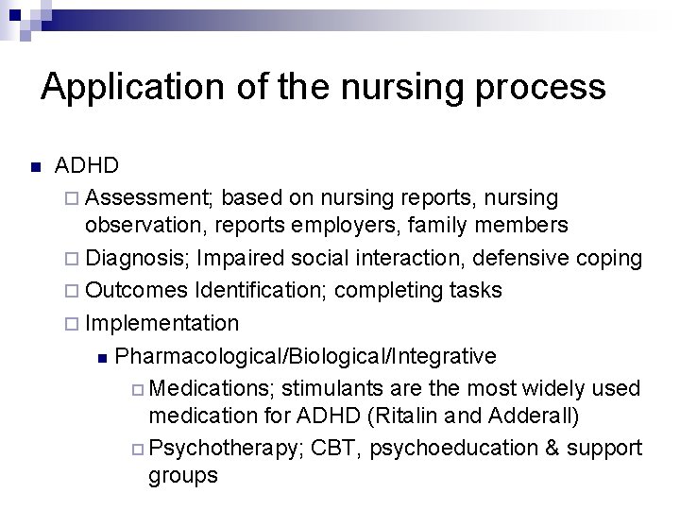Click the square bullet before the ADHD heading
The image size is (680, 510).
(35, 168)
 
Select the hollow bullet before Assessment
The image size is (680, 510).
(75, 198)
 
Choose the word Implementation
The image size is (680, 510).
(162, 323)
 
